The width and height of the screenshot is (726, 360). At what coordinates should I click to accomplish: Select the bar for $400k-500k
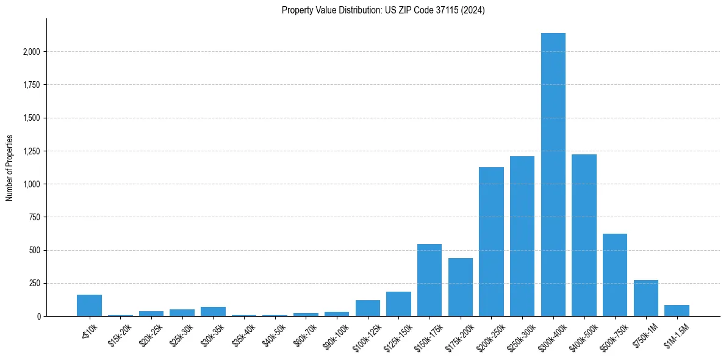[x=584, y=235]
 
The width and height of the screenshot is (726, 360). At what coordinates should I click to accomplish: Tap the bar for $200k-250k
[x=491, y=242]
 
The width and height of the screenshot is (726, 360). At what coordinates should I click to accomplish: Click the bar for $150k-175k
[x=429, y=280]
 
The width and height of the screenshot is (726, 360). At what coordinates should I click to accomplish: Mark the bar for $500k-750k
[x=615, y=275]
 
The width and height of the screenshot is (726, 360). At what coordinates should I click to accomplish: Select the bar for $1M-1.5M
[x=677, y=311]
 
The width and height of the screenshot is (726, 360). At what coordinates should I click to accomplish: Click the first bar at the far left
[x=89, y=306]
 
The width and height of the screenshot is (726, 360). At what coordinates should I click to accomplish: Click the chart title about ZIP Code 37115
[x=383, y=10]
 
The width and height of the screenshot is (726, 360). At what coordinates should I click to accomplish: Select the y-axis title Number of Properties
[x=10, y=168]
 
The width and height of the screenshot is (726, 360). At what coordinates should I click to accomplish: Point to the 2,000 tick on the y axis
[x=31, y=52]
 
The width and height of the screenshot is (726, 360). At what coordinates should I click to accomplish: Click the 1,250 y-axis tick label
[x=31, y=151]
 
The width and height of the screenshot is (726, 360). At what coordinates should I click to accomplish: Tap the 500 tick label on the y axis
[x=35, y=251]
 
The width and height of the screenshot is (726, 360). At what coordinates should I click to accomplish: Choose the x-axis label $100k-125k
[x=367, y=334]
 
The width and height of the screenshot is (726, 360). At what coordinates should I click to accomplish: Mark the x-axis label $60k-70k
[x=306, y=333]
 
